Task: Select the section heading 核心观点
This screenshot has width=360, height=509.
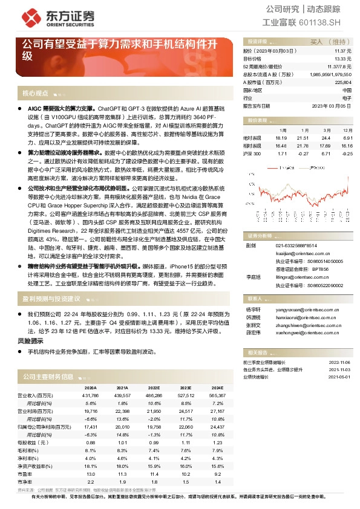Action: coord(35,93)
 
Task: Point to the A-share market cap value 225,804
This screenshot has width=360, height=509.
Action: coord(343,82)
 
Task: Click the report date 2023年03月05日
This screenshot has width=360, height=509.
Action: coord(331,105)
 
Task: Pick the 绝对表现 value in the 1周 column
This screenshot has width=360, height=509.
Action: coord(280,138)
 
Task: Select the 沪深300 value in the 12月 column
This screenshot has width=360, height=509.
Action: coord(347,154)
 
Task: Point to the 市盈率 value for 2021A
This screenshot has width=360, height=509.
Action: coord(122,474)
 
